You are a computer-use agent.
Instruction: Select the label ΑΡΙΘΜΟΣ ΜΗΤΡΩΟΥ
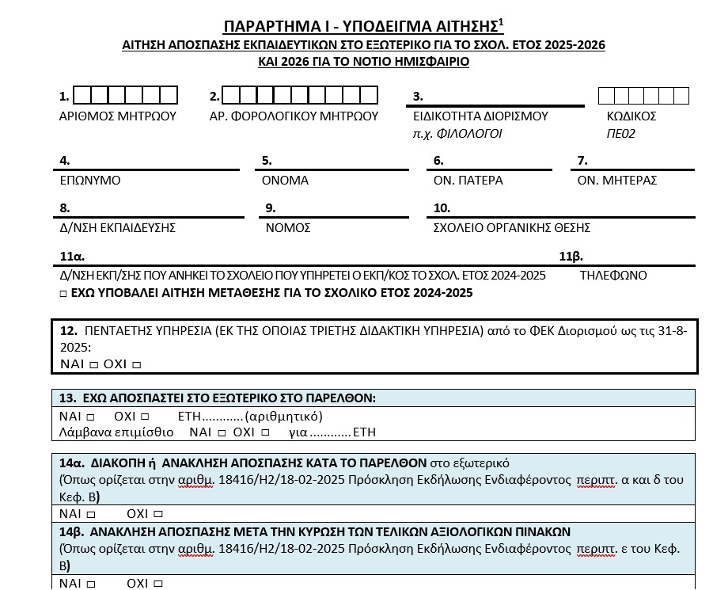click(118, 116)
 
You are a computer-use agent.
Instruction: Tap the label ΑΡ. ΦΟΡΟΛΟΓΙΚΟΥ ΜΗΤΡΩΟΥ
click(294, 116)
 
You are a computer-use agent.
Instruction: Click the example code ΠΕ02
click(621, 134)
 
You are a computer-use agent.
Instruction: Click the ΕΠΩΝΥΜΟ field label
click(90, 181)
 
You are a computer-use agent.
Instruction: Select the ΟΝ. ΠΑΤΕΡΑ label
click(468, 181)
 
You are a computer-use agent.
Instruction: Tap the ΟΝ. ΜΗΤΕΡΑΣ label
click(617, 181)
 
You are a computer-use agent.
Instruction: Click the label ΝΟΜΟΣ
click(288, 228)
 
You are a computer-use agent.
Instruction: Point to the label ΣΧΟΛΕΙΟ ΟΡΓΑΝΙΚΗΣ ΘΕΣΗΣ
click(512, 228)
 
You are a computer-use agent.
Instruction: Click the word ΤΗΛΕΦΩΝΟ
click(613, 276)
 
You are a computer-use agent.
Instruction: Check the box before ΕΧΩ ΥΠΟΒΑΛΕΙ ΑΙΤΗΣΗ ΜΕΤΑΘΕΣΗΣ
click(64, 294)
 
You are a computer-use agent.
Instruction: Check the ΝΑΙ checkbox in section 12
click(93, 365)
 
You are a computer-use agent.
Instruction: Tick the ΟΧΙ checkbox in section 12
click(137, 365)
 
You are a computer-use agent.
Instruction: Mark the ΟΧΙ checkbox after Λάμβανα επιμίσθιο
click(265, 432)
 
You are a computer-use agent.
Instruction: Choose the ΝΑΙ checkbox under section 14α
click(91, 513)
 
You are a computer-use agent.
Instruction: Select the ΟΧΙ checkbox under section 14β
click(158, 584)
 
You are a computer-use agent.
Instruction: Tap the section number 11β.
click(571, 257)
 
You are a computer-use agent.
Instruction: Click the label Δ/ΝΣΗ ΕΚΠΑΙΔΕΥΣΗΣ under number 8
click(117, 228)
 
